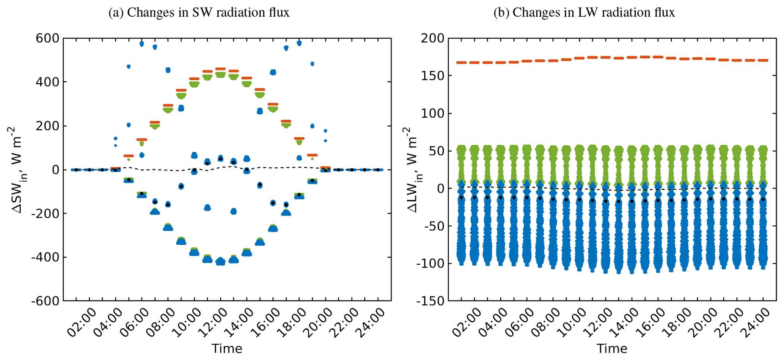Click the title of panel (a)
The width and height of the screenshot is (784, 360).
point(199,13)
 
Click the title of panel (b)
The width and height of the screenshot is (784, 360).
point(584,13)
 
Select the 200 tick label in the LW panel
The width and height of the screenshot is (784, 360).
point(433,38)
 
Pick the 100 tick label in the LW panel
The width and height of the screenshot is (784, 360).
point(433,113)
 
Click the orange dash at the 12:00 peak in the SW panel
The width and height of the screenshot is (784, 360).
point(220,69)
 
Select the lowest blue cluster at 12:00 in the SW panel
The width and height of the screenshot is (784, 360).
point(220,261)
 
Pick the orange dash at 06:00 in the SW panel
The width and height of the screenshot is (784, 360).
point(142,140)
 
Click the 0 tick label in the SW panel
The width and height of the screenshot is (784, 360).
point(55,170)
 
